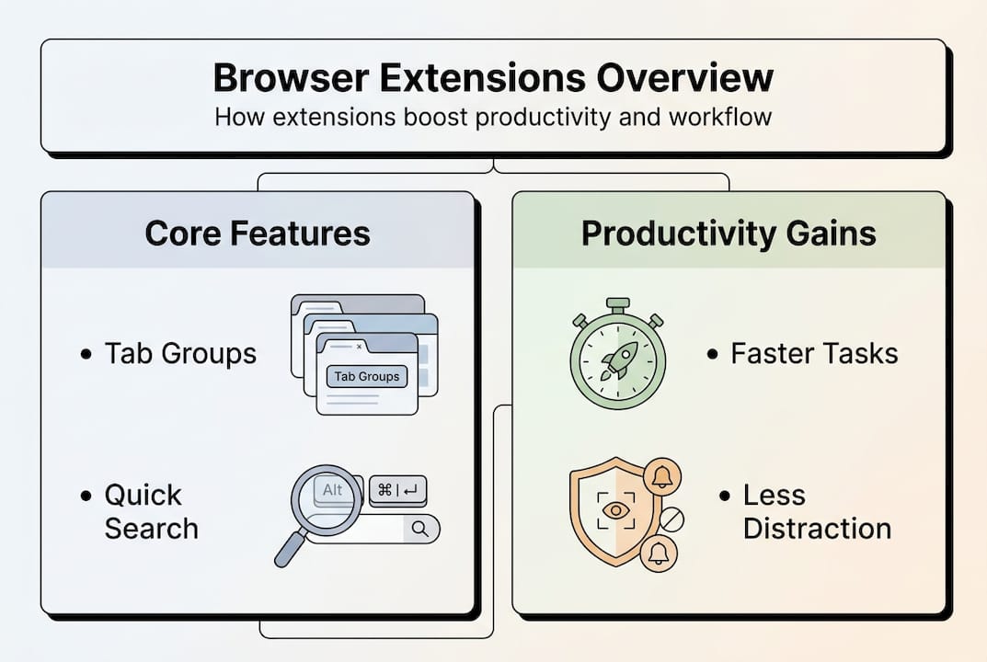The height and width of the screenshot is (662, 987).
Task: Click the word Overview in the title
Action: point(684,79)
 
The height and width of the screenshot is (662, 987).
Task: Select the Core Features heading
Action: point(258,234)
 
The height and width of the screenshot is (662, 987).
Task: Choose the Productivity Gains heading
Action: point(729,234)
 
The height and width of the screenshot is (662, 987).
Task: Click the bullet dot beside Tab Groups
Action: point(86,354)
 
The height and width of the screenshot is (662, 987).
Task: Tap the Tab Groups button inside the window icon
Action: point(366,376)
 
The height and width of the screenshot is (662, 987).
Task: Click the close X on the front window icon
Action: point(358,347)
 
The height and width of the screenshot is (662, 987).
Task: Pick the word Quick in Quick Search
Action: point(143,496)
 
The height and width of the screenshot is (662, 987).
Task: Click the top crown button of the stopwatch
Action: point(617,303)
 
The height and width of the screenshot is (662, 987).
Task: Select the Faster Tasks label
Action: point(814,354)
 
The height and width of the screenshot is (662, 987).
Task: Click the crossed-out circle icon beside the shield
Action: point(671,520)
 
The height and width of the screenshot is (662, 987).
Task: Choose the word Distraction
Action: point(817,529)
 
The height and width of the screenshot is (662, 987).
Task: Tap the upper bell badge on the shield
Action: point(660,475)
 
